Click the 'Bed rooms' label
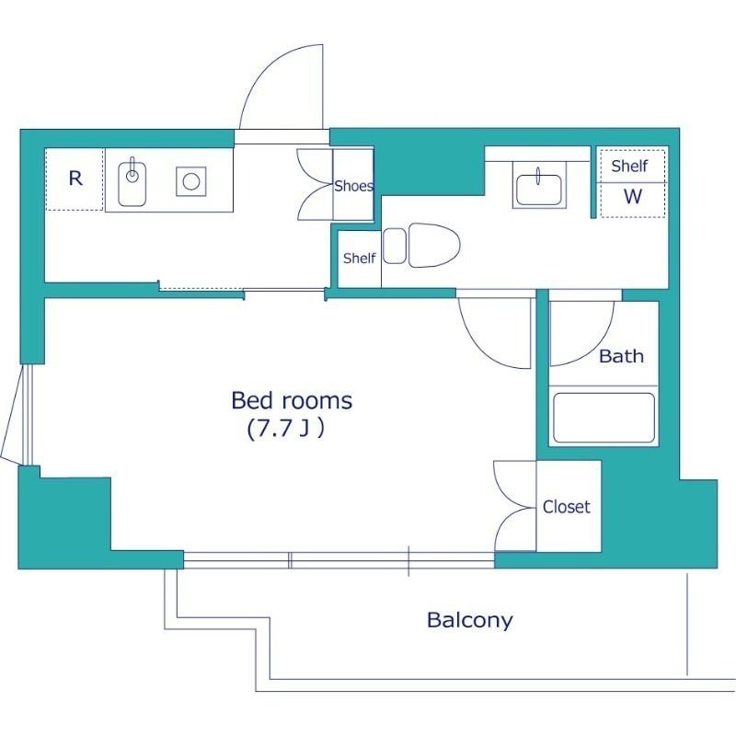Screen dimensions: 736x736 click(x=292, y=400)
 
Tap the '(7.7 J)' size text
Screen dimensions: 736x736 click(x=285, y=428)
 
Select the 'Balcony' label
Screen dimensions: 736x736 click(x=469, y=620)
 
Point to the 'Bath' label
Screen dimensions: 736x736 click(x=621, y=356)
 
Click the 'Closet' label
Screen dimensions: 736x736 click(x=566, y=507)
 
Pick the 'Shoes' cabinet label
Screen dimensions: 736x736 click(x=354, y=186)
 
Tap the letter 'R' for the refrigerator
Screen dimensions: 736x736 click(x=75, y=178)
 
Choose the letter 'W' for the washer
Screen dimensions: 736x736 click(x=632, y=196)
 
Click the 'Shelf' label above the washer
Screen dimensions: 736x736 click(x=629, y=166)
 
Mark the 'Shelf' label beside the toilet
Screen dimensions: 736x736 click(x=359, y=259)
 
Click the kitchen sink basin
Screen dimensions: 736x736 click(x=132, y=184)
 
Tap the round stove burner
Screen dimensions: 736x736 click(x=191, y=181)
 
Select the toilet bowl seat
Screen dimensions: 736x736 click(x=434, y=246)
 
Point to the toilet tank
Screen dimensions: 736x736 click(x=395, y=246)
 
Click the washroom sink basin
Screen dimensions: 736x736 click(x=539, y=190)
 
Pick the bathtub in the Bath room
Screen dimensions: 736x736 click(x=604, y=418)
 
